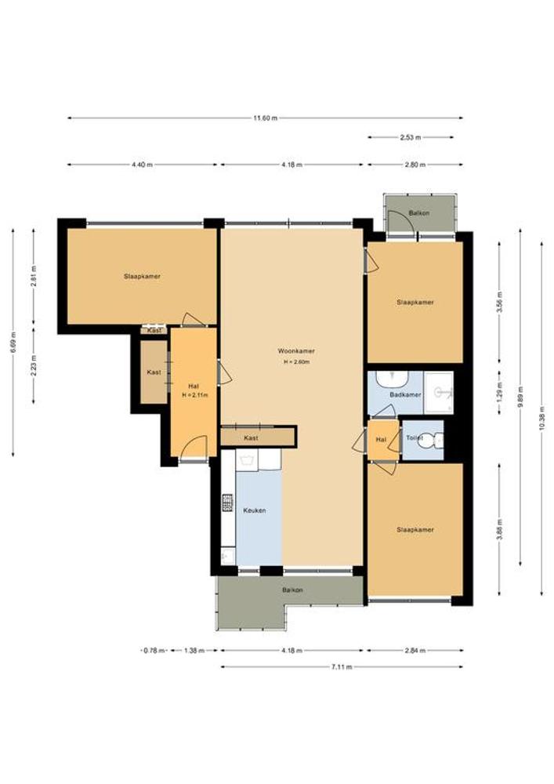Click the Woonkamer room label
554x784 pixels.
(296, 351)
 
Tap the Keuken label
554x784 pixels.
(254, 510)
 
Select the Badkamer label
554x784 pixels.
(405, 394)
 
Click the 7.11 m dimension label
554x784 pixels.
(342, 666)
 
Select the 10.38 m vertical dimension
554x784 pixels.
(542, 419)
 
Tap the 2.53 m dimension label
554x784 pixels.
(411, 137)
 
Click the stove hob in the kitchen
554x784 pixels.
(227, 503)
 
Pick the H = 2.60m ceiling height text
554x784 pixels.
(296, 362)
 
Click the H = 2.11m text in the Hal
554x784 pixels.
(194, 395)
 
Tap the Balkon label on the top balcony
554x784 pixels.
(419, 213)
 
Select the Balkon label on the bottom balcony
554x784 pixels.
(292, 590)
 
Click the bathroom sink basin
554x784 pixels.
(392, 379)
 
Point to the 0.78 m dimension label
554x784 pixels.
(154, 651)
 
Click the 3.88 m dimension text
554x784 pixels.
(500, 529)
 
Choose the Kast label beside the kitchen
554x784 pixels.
(252, 438)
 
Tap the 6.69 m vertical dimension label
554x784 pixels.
(13, 342)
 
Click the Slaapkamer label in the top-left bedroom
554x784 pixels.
(143, 276)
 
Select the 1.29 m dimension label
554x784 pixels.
(500, 392)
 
